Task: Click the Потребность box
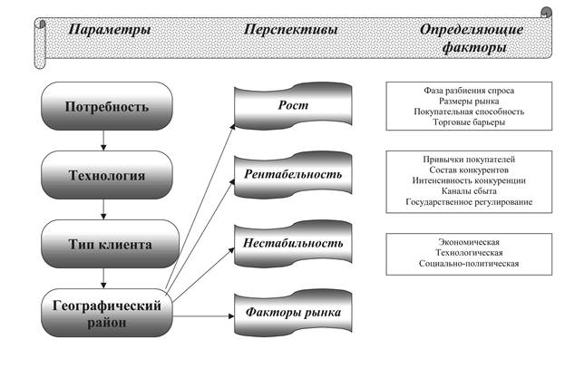pyautogui.click(x=106, y=107)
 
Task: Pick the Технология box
pyautogui.click(x=106, y=174)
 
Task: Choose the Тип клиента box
pyautogui.click(x=106, y=244)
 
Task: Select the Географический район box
pyautogui.click(x=106, y=314)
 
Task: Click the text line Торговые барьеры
pyautogui.click(x=463, y=122)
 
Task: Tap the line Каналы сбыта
pyautogui.click(x=463, y=190)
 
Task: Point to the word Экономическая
pyautogui.click(x=463, y=242)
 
